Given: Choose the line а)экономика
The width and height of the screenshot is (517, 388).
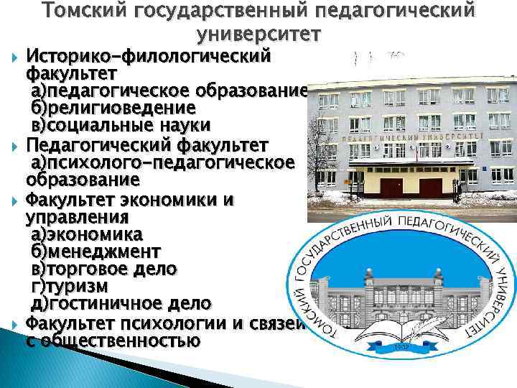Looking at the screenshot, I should (86, 234).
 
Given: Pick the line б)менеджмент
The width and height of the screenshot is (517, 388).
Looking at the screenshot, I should (96, 251).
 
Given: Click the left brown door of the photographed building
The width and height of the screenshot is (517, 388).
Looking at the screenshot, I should (393, 188).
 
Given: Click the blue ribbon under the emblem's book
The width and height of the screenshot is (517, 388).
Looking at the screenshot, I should (402, 348).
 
